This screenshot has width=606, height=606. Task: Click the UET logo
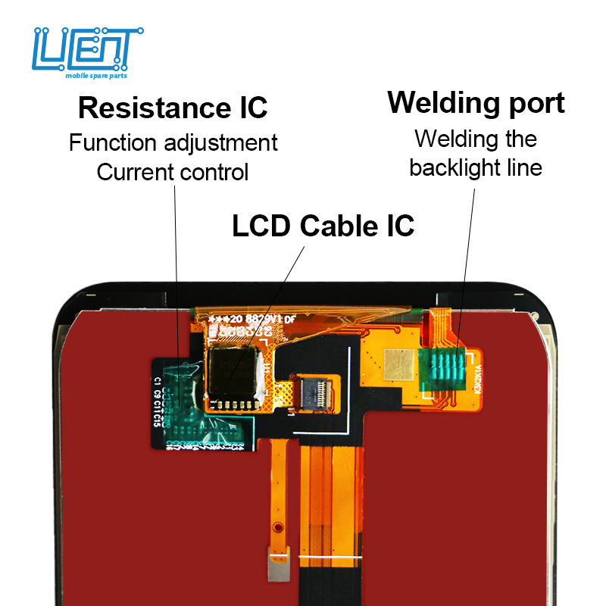click(x=88, y=50)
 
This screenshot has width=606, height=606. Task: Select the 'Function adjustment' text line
click(x=173, y=142)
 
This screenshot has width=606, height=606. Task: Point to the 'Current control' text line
click(x=172, y=172)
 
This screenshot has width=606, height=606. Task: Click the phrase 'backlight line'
click(x=476, y=167)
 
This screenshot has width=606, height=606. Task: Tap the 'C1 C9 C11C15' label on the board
click(x=158, y=401)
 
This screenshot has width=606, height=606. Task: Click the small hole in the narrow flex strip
click(x=278, y=526)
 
